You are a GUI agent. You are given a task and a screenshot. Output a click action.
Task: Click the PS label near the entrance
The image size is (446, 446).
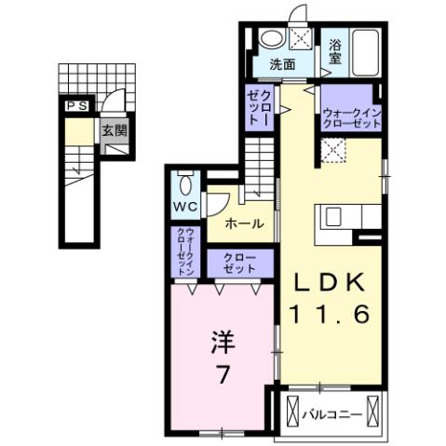(x=75, y=107)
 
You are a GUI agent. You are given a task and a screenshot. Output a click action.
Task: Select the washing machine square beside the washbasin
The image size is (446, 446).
(x=301, y=38)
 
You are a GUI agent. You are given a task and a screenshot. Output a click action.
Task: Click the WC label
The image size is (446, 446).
(x=182, y=206)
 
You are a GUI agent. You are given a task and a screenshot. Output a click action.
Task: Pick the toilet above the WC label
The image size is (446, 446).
(x=182, y=181)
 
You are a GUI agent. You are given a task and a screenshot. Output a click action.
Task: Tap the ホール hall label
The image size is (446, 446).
(x=243, y=223)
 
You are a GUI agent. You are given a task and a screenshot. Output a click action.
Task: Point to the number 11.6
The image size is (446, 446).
(x=333, y=317)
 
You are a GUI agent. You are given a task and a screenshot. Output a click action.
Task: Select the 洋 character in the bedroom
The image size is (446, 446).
(x=222, y=341)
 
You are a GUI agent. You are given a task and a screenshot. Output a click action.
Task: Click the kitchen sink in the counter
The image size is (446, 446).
(x=332, y=216)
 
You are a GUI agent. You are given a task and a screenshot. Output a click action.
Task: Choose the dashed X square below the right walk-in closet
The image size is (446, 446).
(x=332, y=149)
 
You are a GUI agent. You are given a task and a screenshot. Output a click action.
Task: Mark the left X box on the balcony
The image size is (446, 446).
(x=293, y=410)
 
